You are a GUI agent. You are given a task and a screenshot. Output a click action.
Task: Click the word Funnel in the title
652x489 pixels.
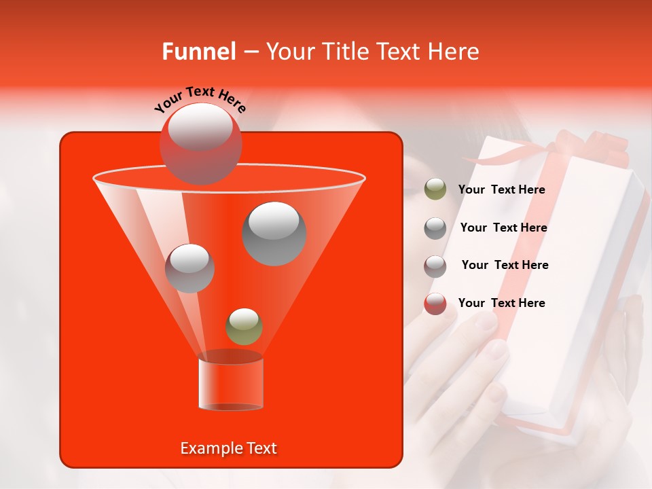tap(199, 52)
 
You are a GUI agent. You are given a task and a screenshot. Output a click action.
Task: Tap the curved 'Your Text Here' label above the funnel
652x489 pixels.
tap(200, 99)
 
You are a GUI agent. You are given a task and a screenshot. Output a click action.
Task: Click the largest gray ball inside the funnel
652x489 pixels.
tap(274, 233)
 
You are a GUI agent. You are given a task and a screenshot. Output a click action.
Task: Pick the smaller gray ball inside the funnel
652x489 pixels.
tap(189, 268)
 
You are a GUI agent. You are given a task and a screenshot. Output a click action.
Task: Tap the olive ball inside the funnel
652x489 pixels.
tap(244, 326)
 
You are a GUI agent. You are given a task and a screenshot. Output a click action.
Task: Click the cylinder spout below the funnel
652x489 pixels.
tap(230, 384)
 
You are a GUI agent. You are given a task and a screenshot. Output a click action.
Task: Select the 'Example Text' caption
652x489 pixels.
tap(229, 448)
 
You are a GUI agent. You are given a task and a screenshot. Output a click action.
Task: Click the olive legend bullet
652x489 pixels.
tap(435, 189)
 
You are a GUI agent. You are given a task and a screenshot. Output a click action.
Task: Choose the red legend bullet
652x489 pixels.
tap(435, 304)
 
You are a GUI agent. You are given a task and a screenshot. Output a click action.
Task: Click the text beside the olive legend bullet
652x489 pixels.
tap(501, 189)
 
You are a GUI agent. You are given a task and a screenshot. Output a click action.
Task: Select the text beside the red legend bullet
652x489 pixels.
tap(501, 303)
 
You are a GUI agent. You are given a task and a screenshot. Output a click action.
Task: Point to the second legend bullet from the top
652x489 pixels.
tap(435, 228)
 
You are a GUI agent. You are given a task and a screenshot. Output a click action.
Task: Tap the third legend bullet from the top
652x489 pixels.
tap(435, 266)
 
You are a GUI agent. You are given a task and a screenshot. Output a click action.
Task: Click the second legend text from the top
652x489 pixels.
tap(503, 228)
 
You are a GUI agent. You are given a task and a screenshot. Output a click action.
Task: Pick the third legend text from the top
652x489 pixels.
tap(505, 265)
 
